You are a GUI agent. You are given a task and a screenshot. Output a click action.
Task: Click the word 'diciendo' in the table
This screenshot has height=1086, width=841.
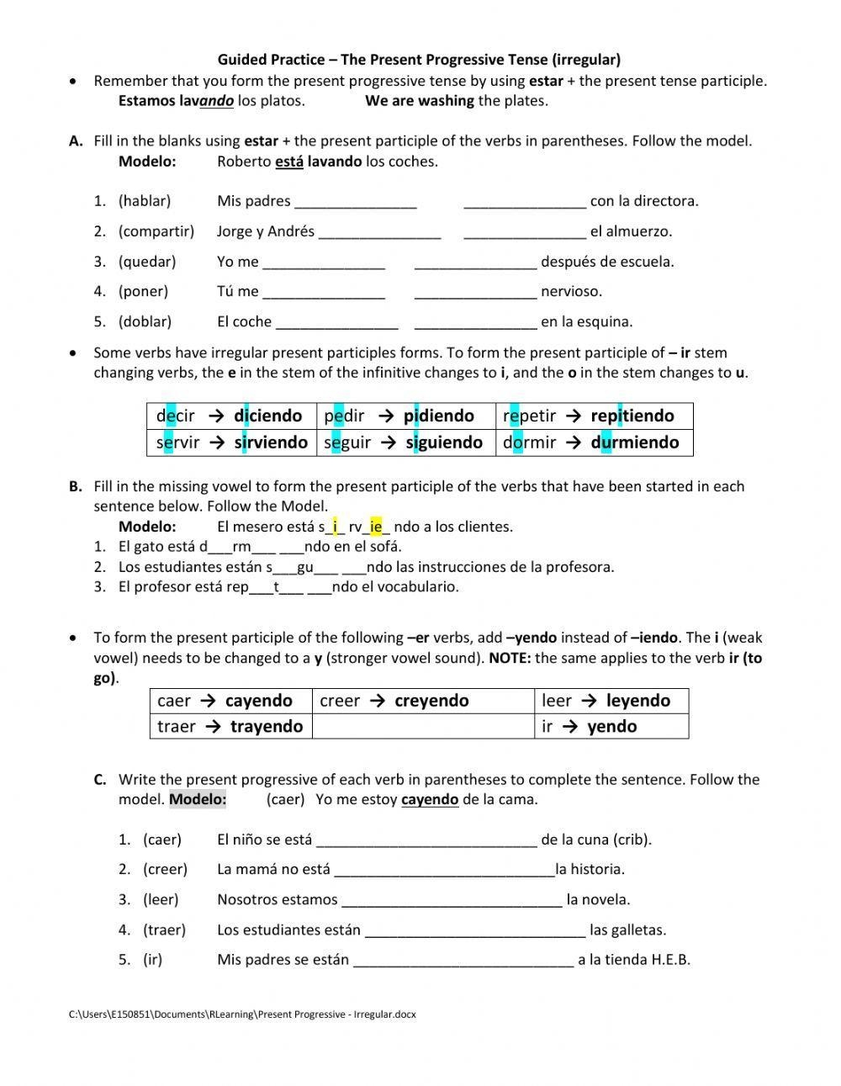point(267,416)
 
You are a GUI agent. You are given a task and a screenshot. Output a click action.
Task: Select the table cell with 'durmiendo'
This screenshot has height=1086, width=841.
point(594,442)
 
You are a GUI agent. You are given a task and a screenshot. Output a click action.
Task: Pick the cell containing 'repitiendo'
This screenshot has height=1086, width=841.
point(594,416)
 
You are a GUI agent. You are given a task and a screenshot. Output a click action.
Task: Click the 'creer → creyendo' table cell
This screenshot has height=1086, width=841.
point(422,701)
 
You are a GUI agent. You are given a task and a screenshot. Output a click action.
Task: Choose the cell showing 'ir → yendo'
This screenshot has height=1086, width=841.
point(611,726)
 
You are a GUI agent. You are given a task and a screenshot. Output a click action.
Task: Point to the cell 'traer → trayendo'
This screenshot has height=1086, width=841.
point(230,726)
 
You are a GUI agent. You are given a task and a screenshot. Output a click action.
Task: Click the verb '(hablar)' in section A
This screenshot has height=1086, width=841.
point(145,201)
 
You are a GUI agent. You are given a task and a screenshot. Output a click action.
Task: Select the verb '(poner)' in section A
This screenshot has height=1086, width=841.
point(143,292)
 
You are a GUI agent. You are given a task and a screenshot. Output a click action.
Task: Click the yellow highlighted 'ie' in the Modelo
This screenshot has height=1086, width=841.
point(376,527)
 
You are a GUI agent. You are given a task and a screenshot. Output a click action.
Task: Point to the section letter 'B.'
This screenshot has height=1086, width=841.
point(76,486)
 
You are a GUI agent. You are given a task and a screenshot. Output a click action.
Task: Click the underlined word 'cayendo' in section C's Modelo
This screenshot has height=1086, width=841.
point(430,799)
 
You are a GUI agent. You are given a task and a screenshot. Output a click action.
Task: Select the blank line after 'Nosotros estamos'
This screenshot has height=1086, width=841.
point(452,900)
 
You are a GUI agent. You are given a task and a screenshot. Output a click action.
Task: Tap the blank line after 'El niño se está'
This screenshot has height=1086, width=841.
point(427,840)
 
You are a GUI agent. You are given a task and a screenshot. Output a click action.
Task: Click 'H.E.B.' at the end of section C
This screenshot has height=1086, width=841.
point(670,960)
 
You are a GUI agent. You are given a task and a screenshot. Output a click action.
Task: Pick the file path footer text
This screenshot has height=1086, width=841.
point(242,1014)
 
